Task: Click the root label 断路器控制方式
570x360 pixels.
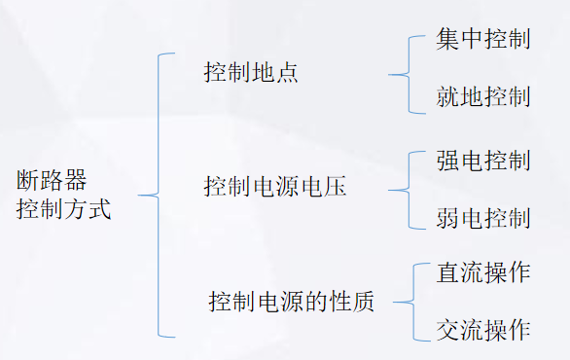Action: click(x=64, y=196)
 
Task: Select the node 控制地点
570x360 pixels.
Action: click(x=251, y=73)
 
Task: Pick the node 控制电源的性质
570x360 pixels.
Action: click(x=292, y=302)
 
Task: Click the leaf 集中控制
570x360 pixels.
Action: click(x=483, y=42)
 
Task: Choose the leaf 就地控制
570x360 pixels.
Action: click(x=483, y=97)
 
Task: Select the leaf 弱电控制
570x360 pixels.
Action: click(x=483, y=217)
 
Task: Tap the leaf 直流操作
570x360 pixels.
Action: click(x=483, y=272)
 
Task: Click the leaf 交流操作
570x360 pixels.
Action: click(x=483, y=329)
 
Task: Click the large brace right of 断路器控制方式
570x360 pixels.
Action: click(x=157, y=196)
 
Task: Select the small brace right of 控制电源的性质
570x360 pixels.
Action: click(x=408, y=302)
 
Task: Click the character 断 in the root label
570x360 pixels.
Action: click(x=29, y=181)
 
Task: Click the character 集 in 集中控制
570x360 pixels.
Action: click(x=448, y=42)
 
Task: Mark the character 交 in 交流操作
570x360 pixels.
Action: click(x=448, y=329)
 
